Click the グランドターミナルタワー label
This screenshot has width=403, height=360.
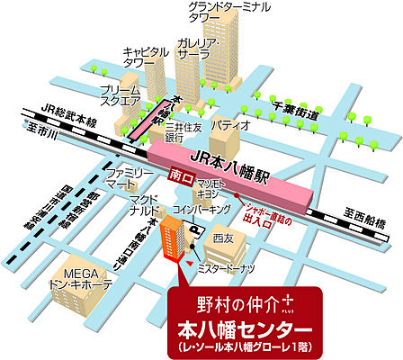pos(228,13)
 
